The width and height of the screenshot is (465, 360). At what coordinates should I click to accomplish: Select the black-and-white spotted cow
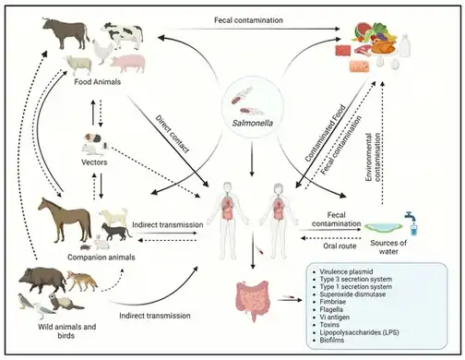click(123, 37)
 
